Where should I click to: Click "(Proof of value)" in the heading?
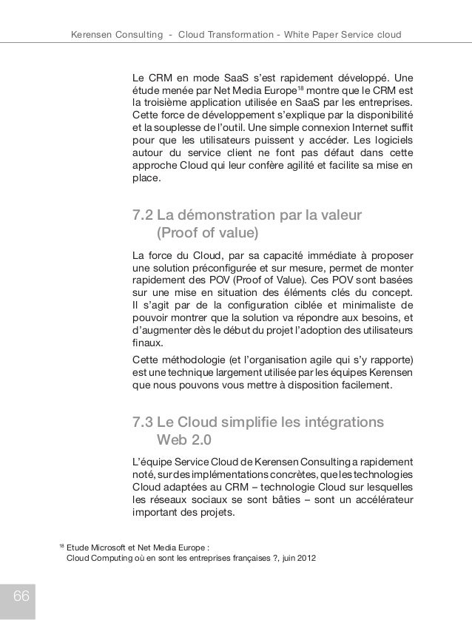click(x=206, y=235)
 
